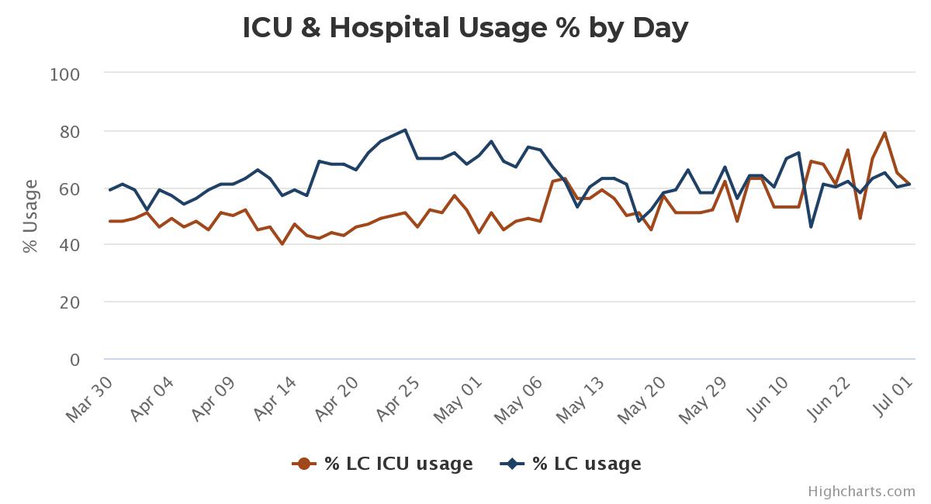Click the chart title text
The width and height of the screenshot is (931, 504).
(x=465, y=28)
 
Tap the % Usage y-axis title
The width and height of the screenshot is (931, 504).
(x=30, y=216)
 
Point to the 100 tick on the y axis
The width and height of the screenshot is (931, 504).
(x=64, y=74)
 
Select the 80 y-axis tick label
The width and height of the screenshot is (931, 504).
(x=68, y=132)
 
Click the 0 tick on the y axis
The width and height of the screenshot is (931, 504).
(x=74, y=360)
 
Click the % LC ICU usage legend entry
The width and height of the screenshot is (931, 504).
(x=382, y=464)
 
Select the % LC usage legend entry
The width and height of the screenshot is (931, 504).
(x=572, y=464)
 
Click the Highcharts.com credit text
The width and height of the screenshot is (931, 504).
(x=861, y=491)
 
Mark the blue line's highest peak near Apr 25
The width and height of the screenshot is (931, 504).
(x=405, y=130)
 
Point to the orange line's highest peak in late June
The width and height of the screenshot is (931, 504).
(x=884, y=133)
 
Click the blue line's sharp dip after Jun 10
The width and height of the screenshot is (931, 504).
(x=811, y=226)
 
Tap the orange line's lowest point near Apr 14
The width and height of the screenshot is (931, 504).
(x=282, y=244)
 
